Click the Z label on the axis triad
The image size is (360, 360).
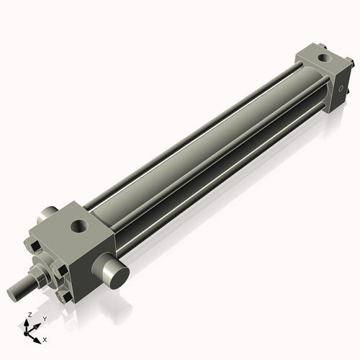(30, 315)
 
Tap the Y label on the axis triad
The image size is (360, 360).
(45, 319)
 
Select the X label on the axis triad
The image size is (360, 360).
(45, 340)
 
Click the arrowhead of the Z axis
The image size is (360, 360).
(27, 323)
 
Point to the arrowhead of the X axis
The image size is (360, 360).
(37, 341)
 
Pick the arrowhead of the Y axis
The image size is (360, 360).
(37, 326)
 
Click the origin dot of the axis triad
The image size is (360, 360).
(26, 333)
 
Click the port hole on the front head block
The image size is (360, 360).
(79, 225)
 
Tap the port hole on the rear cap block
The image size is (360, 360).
(325, 58)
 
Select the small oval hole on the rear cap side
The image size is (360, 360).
(341, 89)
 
